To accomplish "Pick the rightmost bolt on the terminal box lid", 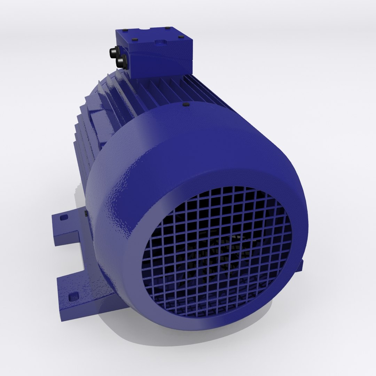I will tap(181, 37).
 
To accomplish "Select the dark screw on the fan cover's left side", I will tap(86, 213).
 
